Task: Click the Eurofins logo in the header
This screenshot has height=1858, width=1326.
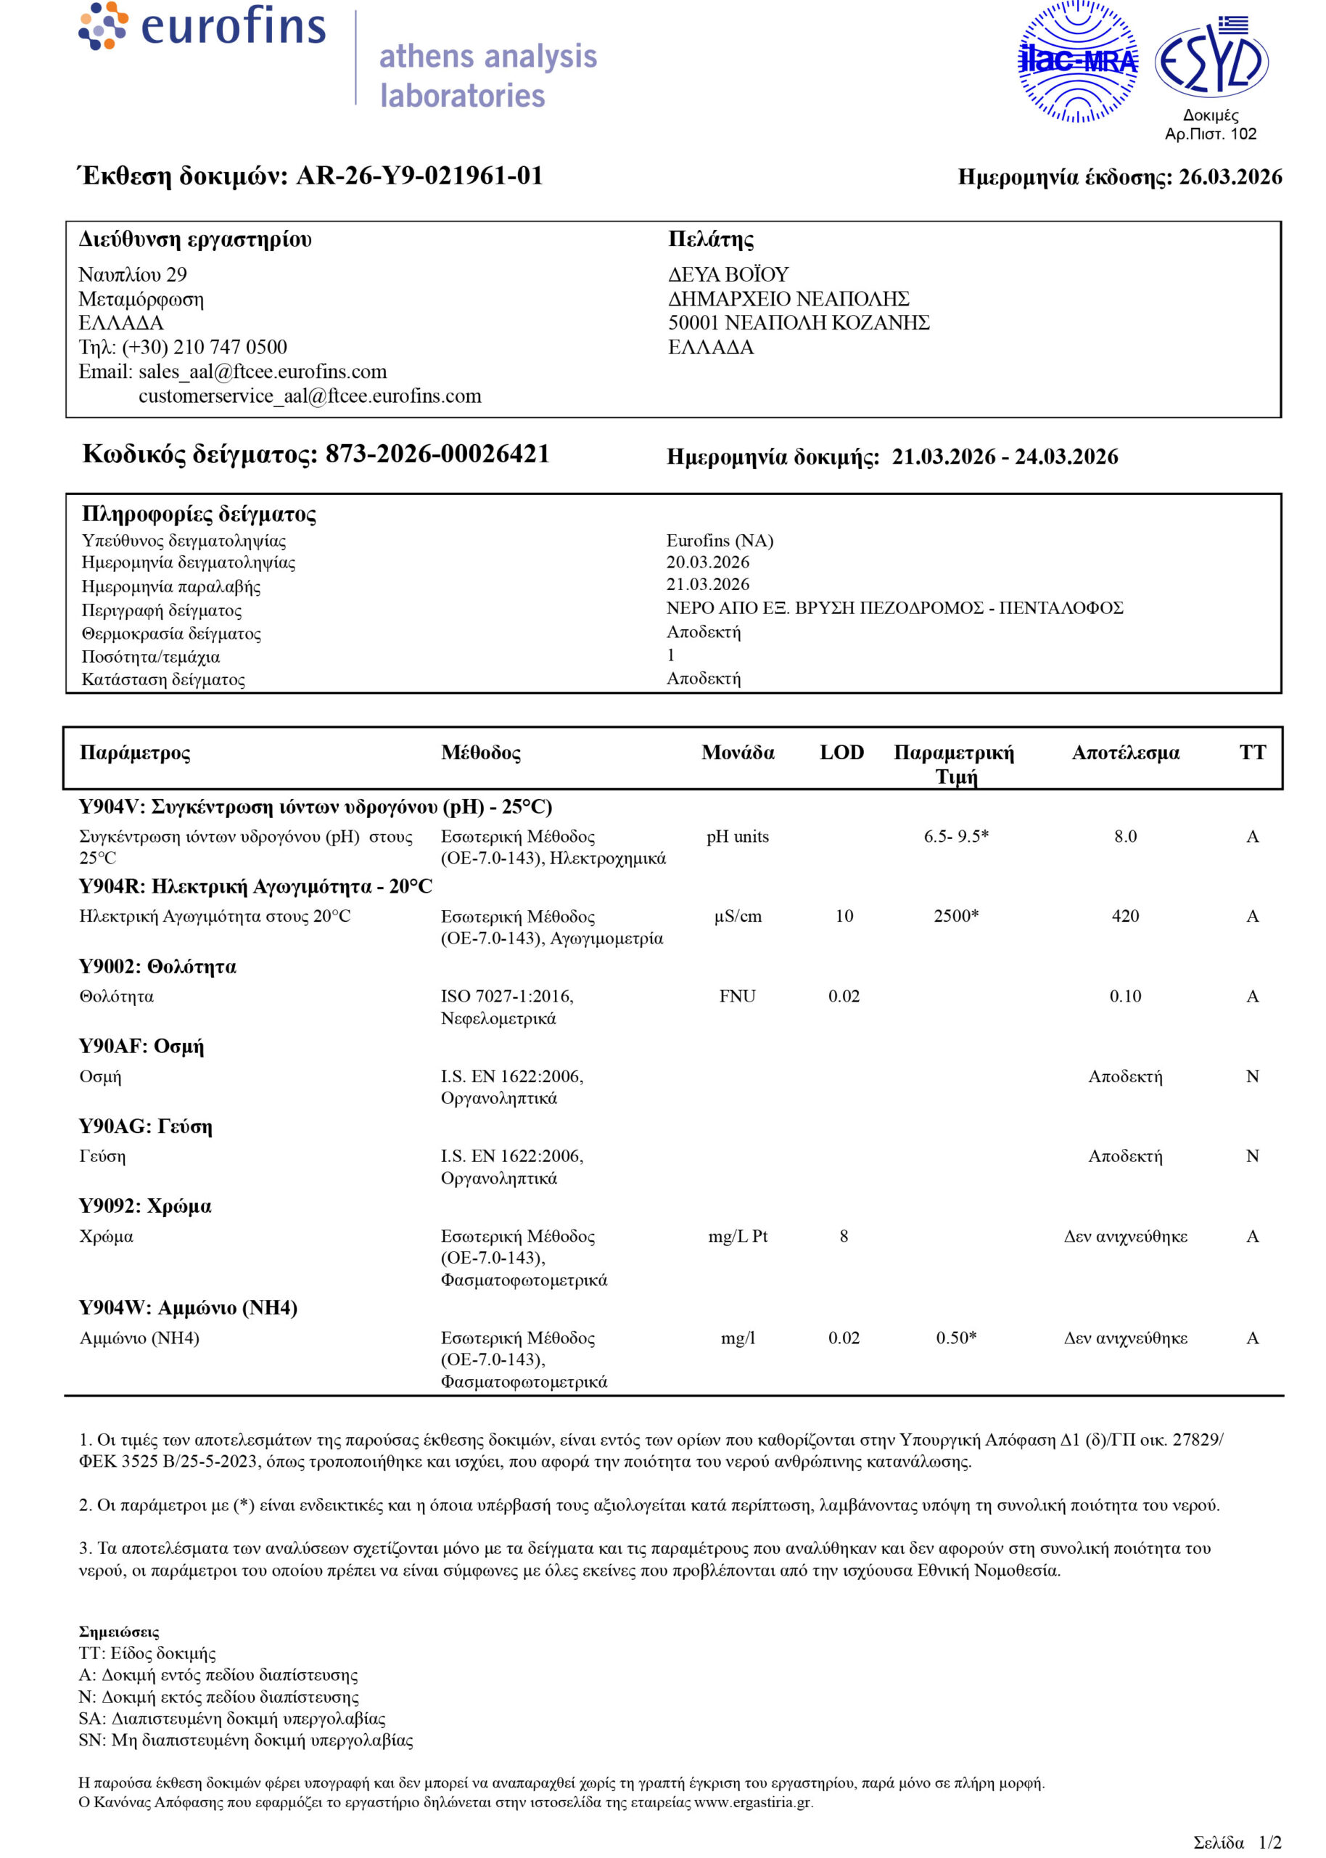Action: pos(202,27)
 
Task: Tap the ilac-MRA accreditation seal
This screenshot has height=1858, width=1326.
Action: pos(1077,61)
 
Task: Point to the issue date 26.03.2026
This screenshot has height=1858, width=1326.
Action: pos(1230,177)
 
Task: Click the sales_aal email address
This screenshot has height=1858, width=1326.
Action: pos(262,372)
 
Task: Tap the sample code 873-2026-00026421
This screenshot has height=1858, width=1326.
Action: pos(437,454)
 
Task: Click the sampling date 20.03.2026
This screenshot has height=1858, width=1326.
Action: pos(707,562)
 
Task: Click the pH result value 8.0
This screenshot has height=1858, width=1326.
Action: pos(1124,835)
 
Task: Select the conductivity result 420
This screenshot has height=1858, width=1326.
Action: pos(1124,915)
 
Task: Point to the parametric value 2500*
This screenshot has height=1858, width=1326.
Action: pos(955,915)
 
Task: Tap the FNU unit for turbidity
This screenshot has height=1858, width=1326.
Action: pos(736,996)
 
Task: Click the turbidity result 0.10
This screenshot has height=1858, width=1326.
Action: pos(1124,996)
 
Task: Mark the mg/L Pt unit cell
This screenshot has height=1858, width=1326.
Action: pos(737,1236)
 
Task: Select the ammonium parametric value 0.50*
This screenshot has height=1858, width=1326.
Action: pos(955,1337)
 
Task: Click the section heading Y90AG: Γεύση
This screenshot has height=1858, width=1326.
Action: pos(145,1126)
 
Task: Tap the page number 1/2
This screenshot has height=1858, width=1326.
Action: pos(1269,1841)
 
